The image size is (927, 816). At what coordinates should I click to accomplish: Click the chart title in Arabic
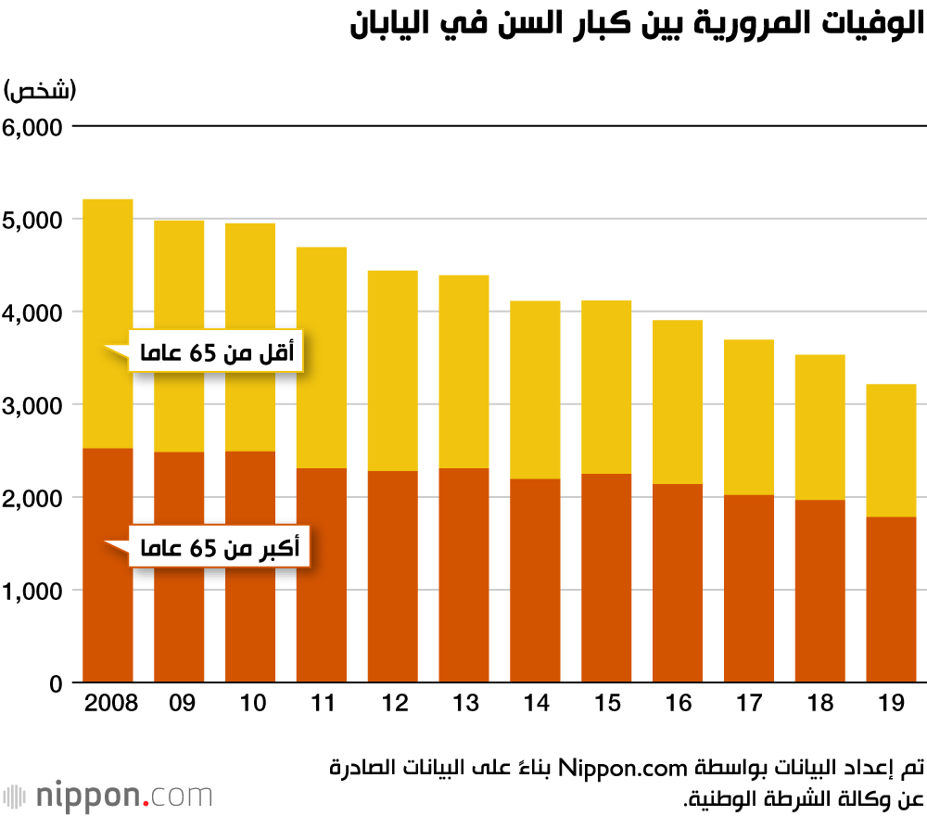click(x=638, y=25)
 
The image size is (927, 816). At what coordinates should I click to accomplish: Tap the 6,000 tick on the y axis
click(x=32, y=127)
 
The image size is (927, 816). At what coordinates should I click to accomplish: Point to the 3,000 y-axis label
click(x=32, y=405)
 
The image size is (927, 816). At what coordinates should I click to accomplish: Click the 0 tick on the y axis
click(x=55, y=683)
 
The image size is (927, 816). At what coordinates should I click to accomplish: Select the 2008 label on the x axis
click(x=109, y=703)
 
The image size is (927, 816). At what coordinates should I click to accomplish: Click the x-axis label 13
click(x=464, y=703)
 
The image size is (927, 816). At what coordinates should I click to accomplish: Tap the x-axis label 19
click(x=891, y=703)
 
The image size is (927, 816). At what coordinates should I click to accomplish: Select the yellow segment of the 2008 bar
click(x=108, y=278)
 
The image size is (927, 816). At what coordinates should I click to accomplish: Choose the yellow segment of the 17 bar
click(x=749, y=417)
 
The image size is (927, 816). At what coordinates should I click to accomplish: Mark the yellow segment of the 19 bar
click(x=892, y=450)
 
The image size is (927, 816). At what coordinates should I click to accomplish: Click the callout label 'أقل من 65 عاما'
click(x=217, y=351)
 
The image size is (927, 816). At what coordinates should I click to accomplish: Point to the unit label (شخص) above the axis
click(x=41, y=91)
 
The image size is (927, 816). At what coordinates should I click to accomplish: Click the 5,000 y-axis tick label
click(x=32, y=220)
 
